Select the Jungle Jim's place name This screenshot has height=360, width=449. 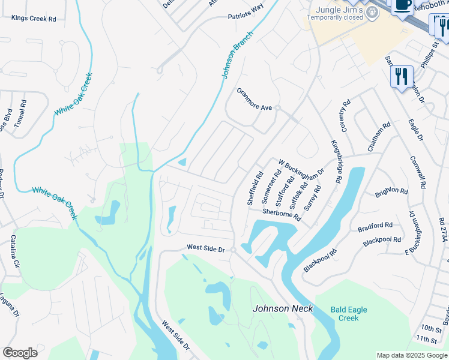[x=334, y=10]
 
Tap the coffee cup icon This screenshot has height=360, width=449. [x=402, y=5]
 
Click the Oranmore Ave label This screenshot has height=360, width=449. [x=254, y=107]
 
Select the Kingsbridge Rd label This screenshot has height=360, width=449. [x=336, y=162]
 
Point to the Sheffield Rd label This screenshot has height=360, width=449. [x=255, y=189]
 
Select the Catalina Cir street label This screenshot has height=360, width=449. [x=14, y=251]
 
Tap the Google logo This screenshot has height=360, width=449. [x=20, y=353]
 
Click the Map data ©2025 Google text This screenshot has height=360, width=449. [x=411, y=355]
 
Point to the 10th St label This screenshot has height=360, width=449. [x=430, y=328]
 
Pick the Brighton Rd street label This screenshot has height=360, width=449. [x=391, y=192]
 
